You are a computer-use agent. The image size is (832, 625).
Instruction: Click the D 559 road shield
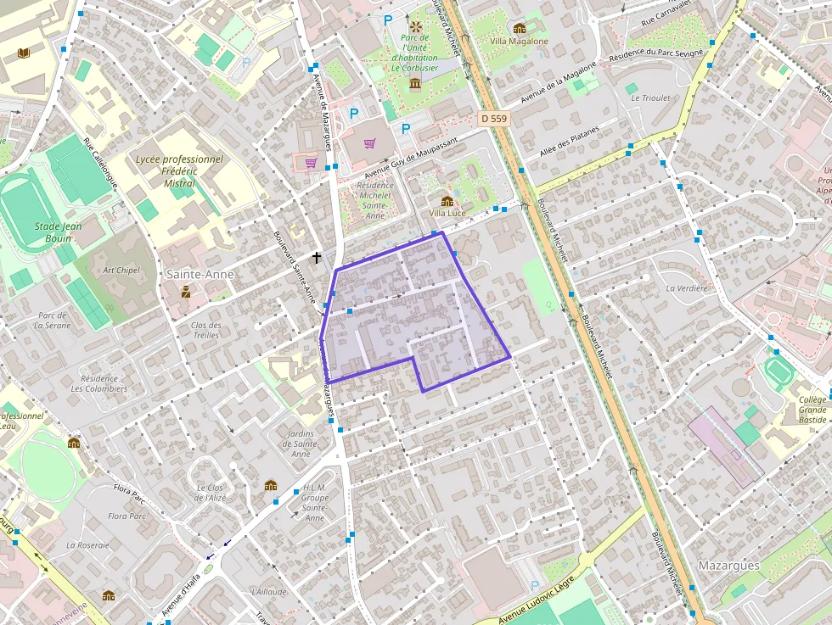click(493, 119)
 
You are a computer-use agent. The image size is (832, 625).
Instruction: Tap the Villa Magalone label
click(520, 41)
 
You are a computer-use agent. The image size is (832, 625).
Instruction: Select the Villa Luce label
click(447, 213)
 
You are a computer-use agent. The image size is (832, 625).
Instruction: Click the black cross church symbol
click(317, 256)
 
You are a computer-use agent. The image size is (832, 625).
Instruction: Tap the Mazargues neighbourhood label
click(728, 565)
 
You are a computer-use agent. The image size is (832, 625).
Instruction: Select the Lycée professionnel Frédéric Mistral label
click(179, 170)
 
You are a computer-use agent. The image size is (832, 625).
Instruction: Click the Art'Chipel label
click(121, 271)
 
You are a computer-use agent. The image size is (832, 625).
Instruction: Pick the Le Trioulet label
click(650, 98)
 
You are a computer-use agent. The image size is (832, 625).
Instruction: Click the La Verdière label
click(687, 287)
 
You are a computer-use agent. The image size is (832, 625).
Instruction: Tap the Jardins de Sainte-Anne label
click(301, 444)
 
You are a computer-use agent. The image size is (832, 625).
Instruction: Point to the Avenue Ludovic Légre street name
click(537, 600)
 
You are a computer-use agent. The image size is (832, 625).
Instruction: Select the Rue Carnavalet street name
click(667, 14)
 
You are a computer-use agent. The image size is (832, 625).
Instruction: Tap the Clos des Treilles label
click(205, 330)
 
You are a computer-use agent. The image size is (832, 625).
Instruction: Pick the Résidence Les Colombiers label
click(99, 383)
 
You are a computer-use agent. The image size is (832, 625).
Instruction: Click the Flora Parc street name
click(131, 489)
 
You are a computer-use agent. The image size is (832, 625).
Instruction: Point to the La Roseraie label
click(87, 544)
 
